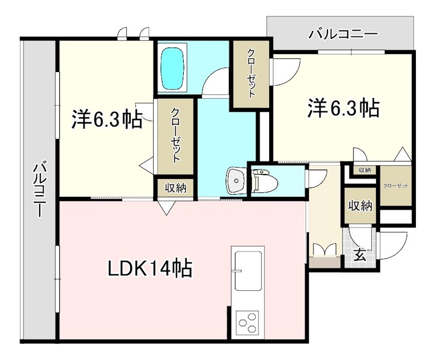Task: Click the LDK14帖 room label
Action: pyautogui.click(x=149, y=268)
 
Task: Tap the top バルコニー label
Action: pyautogui.click(x=343, y=34)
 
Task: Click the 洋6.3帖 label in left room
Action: pyautogui.click(x=106, y=119)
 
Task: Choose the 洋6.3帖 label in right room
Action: pyautogui.click(x=343, y=108)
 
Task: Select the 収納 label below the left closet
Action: pyautogui.click(x=175, y=188)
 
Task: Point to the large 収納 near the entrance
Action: pyautogui.click(x=360, y=206)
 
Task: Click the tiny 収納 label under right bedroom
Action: pyautogui.click(x=365, y=170)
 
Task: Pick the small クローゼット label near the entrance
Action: pyautogui.click(x=395, y=186)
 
